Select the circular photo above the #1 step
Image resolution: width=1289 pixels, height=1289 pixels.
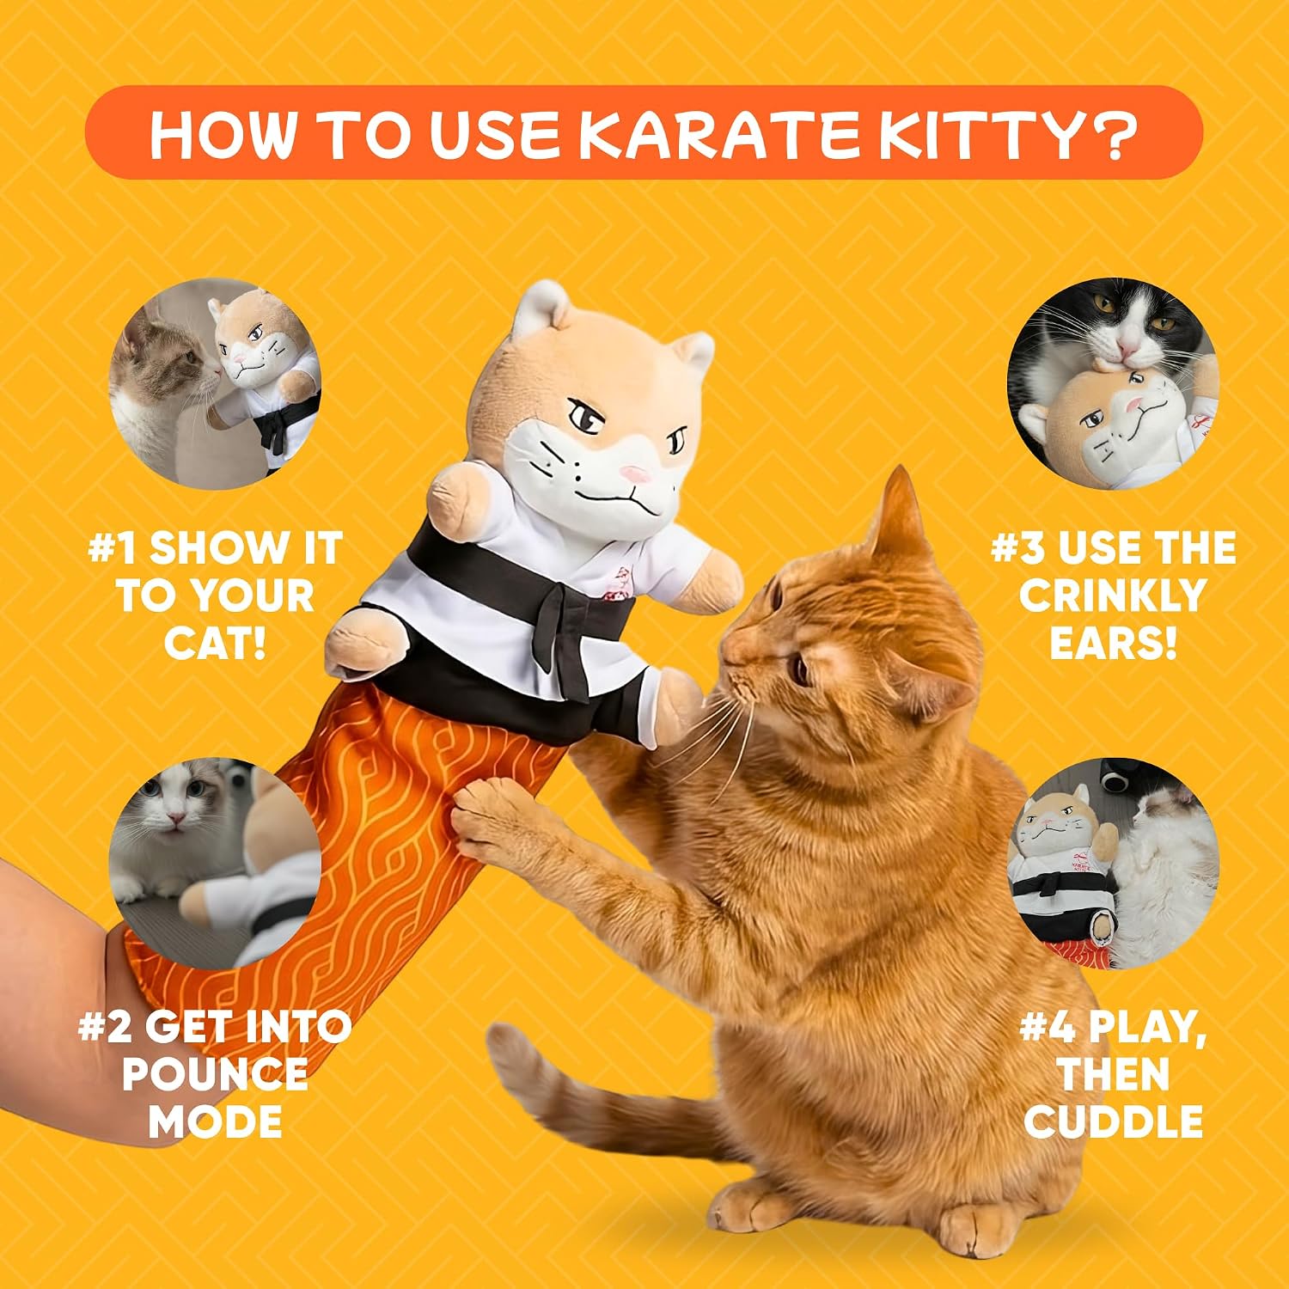pos(216,382)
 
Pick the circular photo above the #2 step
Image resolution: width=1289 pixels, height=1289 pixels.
pos(216,864)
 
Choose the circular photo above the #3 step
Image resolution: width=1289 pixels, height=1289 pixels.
pos(1114,382)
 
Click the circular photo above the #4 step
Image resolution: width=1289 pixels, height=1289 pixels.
pos(1114,864)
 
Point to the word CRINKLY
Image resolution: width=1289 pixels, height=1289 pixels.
pos(1114,596)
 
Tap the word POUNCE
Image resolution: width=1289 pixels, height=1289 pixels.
pos(216,1074)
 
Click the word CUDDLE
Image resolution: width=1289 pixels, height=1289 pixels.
pos(1114,1122)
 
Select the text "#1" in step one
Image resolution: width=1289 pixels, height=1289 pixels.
pos(113,548)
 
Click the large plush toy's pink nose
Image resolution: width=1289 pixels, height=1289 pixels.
pos(637,473)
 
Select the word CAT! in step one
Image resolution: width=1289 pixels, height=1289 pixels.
pos(216,644)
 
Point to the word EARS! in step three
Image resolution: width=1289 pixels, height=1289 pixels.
pos(1114,644)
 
